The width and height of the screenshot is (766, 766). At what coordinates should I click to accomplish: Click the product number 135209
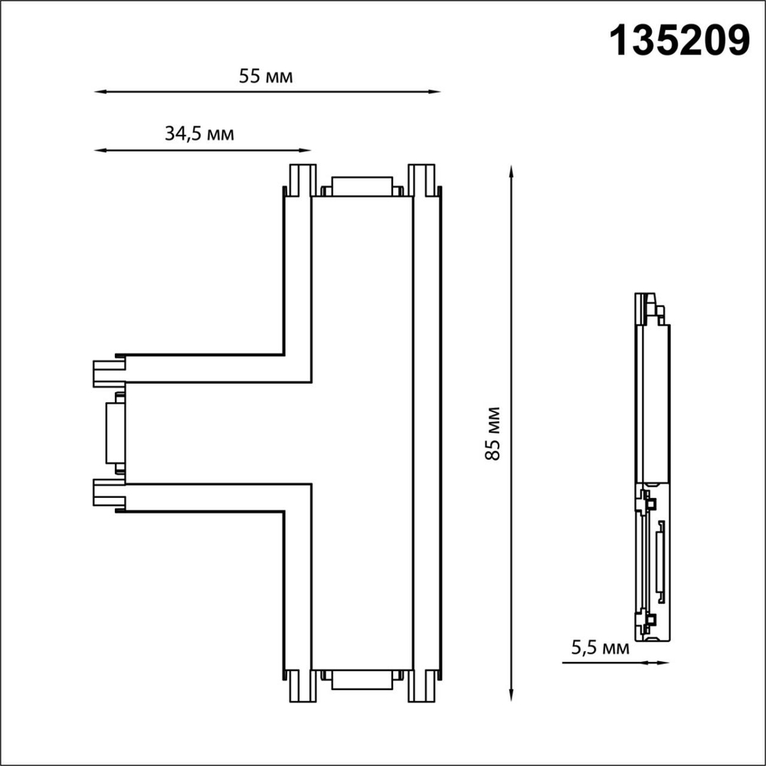[679, 41]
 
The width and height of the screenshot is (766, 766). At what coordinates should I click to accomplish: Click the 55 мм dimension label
[266, 77]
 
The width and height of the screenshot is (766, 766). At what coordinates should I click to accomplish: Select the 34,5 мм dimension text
[199, 133]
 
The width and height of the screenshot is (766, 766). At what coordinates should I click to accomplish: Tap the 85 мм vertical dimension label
[493, 434]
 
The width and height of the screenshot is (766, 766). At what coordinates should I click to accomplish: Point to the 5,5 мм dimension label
[601, 648]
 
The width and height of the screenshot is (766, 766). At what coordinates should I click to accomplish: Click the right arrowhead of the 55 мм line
[435, 91]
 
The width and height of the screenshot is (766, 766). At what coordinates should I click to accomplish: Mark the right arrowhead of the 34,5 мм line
[305, 150]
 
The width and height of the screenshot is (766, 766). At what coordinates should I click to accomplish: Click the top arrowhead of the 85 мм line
[511, 172]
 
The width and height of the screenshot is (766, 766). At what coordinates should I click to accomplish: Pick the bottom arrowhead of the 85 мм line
[511, 696]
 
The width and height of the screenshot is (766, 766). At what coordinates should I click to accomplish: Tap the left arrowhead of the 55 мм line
[100, 91]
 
